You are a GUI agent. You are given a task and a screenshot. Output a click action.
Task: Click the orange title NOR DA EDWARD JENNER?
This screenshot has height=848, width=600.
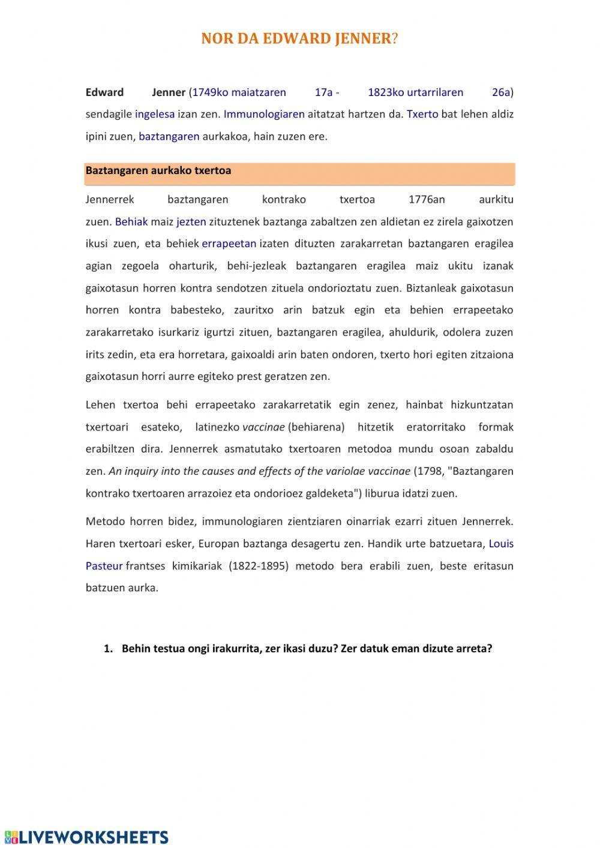[299, 39]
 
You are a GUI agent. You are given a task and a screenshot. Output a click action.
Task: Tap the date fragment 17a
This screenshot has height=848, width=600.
[323, 92]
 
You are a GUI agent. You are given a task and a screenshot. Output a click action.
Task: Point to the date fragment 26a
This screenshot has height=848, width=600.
[501, 92]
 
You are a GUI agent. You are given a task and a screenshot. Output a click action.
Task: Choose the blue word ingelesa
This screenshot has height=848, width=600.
[155, 114]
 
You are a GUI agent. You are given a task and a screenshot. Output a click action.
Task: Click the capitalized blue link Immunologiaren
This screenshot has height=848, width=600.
[264, 114]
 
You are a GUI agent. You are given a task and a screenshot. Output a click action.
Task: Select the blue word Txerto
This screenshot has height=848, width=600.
[422, 114]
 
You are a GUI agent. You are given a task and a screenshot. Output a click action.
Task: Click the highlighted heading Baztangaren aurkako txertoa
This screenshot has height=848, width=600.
[158, 170]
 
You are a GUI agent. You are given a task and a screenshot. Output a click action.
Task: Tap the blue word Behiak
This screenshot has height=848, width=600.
[131, 221]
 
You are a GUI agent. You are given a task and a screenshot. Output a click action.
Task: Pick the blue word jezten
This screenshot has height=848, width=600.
[191, 221]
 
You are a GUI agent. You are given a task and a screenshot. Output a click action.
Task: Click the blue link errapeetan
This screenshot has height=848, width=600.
[229, 244]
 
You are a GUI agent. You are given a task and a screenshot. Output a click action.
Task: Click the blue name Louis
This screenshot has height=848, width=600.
[501, 544]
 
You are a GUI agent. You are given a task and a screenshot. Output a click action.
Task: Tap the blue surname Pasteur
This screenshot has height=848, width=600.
[104, 566]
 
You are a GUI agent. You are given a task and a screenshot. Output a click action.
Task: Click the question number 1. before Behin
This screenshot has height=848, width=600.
[108, 649]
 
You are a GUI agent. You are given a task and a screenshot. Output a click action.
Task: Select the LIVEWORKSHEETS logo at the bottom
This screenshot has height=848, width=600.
[86, 837]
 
